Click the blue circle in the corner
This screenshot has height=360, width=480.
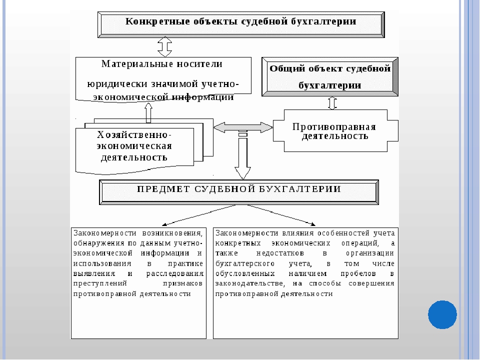(442, 314)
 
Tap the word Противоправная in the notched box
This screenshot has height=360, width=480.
(334, 126)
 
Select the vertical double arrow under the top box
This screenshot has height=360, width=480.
(164, 47)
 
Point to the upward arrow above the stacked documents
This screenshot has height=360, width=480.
(148, 113)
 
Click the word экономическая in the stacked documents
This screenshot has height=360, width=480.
(134, 146)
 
